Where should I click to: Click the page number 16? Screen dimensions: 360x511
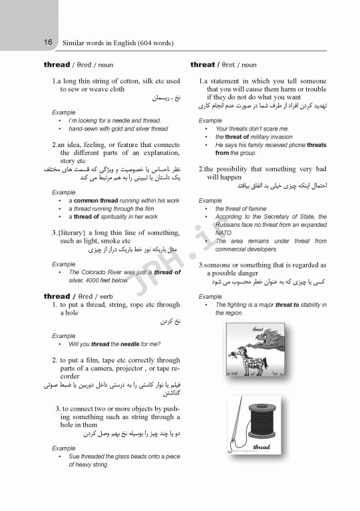[48, 43]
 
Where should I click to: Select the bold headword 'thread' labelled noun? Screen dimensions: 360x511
[57, 65]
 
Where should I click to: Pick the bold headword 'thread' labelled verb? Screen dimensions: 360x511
[57, 295]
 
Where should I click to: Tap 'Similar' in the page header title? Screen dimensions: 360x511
[75, 43]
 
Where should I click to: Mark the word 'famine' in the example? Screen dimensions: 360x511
[257, 209]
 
